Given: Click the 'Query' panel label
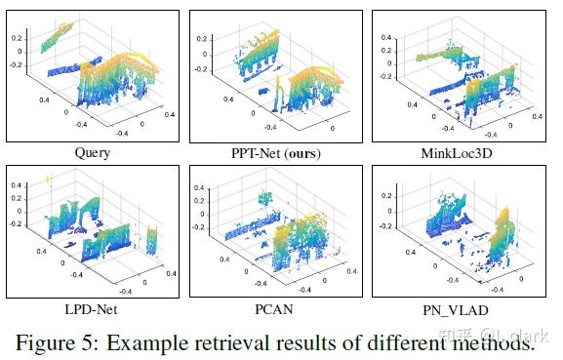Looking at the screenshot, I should [92, 153].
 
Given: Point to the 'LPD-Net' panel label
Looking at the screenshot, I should [92, 307].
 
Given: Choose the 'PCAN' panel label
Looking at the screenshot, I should [276, 307].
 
